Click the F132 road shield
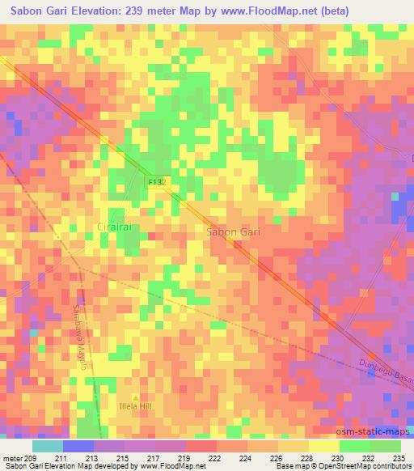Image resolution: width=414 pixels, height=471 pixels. [x=157, y=183]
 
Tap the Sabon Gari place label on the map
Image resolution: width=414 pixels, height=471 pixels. [x=233, y=231]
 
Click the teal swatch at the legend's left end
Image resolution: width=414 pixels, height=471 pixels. [x=47, y=446]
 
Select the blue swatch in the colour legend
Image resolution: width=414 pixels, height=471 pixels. [x=78, y=446]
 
